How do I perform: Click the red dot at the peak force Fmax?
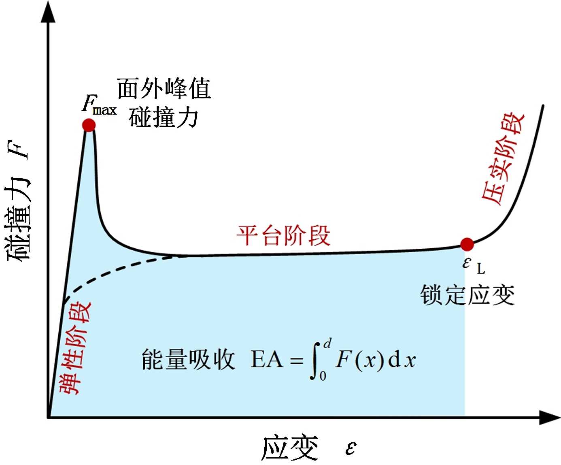pos(89,125)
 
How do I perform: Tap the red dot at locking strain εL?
pos(467,244)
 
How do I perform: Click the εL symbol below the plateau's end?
pos(473,265)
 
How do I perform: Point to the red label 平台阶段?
pos(283,235)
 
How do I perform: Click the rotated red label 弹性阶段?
pos(75,348)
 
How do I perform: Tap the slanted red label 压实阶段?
pos(502,158)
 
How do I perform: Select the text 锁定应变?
pos(467,295)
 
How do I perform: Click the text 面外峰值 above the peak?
pos(164,88)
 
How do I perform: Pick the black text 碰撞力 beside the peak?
pos(164,117)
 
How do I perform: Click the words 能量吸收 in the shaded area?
pos(188,360)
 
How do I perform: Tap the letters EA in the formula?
pos(266,360)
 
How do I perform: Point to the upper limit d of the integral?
pos(327,344)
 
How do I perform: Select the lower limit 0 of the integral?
pos(323,376)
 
